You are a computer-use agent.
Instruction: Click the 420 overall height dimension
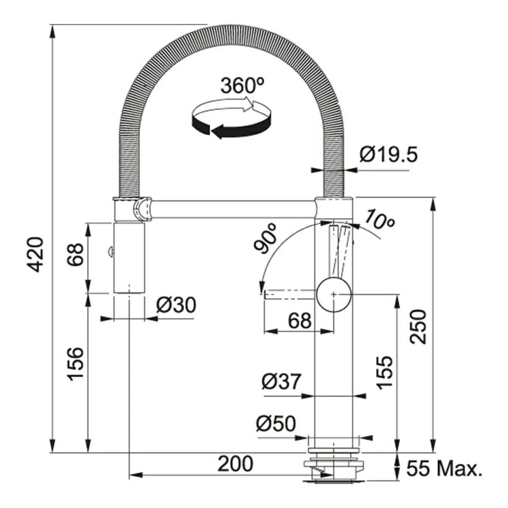tap(36, 255)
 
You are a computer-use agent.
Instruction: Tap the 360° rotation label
tap(243, 85)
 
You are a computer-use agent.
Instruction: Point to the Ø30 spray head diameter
tap(176, 305)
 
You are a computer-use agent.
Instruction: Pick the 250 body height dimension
tap(418, 327)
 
